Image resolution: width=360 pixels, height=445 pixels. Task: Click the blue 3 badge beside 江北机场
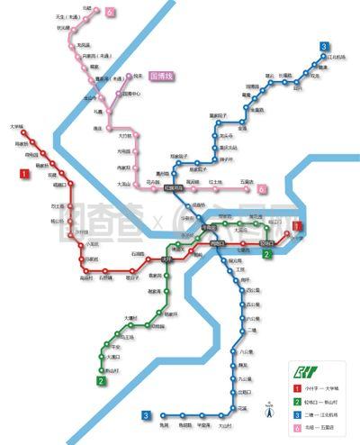(322, 47)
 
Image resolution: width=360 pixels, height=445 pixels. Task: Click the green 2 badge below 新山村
(102, 381)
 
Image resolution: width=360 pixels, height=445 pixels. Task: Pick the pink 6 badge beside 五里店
(264, 190)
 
